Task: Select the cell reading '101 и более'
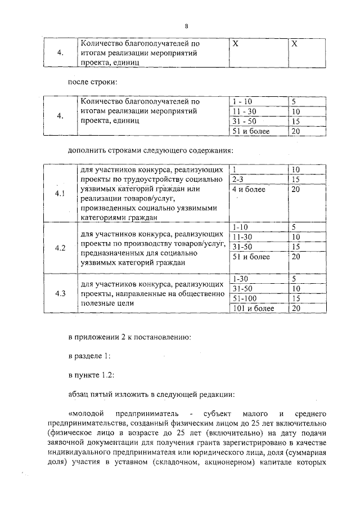[x=253, y=308]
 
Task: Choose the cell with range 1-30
[x=240, y=278]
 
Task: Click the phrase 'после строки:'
[x=92, y=82]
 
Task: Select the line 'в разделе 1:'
[x=89, y=356]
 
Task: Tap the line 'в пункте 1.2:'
[x=91, y=374]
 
